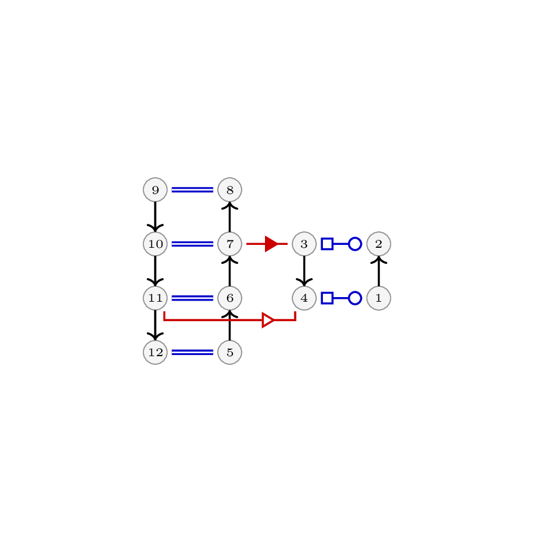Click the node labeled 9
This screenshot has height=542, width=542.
pos(155,190)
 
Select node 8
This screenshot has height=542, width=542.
pos(229,190)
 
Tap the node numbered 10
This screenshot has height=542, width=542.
pos(155,244)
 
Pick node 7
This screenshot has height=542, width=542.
pos(229,244)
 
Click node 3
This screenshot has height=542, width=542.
pos(304,244)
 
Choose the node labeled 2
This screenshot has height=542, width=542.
pos(379,244)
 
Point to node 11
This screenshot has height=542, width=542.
pos(155,298)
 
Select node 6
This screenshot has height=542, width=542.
pos(229,298)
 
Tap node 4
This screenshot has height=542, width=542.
pos(304,298)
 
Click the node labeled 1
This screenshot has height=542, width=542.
pos(379,298)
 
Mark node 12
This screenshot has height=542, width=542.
pos(155,352)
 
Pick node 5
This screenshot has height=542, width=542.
pos(229,352)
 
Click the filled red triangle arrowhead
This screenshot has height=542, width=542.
pos(271,244)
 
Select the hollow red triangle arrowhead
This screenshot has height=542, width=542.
pos(268,320)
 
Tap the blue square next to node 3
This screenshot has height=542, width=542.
pos(327,244)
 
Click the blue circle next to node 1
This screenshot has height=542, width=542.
pos(355,298)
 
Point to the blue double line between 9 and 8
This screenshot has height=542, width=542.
pos(193,190)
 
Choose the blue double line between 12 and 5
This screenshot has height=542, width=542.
pos(193,352)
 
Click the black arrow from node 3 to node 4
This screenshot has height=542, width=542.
pos(304,271)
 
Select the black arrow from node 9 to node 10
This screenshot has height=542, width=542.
pos(155,217)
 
